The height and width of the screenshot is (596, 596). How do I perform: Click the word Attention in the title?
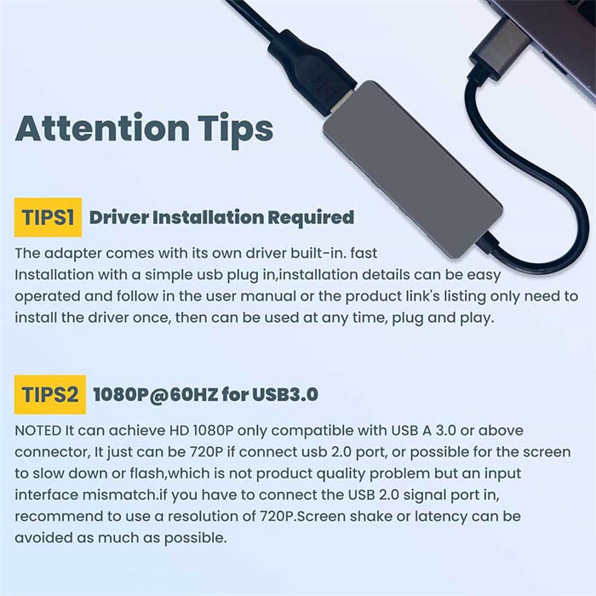[102, 128]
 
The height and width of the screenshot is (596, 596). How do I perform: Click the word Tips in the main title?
[235, 130]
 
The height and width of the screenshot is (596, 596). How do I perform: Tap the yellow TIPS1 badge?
[48, 217]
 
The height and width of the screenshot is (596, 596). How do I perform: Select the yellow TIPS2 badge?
[50, 394]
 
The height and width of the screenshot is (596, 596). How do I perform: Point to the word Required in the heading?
[311, 217]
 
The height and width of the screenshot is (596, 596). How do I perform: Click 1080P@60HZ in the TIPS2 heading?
[156, 394]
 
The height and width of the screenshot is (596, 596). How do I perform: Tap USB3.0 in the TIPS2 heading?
[285, 394]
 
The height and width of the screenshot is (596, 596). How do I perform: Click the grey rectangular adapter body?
[413, 169]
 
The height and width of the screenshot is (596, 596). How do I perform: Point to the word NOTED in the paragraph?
[38, 431]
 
